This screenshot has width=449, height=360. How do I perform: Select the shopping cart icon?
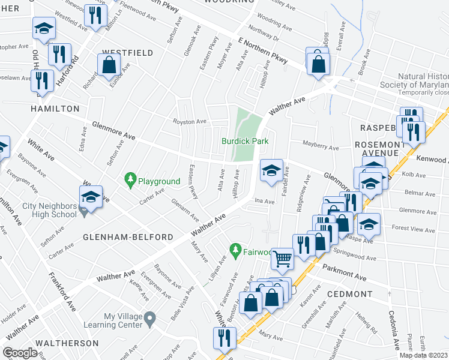pos(282,259)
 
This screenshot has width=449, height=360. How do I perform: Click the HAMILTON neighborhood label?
pos(56,109)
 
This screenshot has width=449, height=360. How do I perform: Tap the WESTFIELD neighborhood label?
pos(127,53)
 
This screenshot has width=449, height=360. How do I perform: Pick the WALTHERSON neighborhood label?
pos(67,343)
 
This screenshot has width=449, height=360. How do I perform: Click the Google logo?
pos(20,352)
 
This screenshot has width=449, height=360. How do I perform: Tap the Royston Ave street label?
pos(190,122)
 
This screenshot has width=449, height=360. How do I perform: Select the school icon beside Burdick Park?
pos(271,171)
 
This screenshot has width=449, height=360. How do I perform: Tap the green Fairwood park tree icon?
pos(237,248)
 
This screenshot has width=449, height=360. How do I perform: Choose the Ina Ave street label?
pos(260,201)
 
